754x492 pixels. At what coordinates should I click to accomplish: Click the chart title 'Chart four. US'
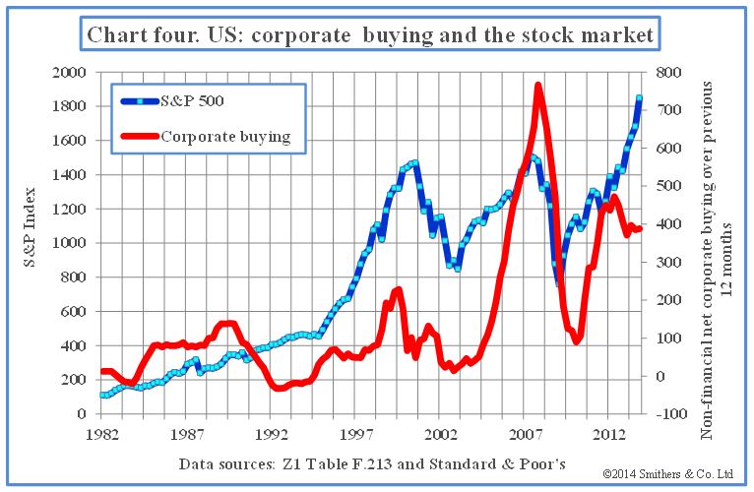click(x=370, y=35)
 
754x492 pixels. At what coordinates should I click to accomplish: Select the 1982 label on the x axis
click(x=99, y=434)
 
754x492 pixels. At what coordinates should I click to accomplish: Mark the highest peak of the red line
click(x=538, y=86)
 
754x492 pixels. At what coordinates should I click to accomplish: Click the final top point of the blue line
click(x=639, y=97)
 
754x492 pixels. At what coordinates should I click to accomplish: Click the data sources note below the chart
click(x=374, y=462)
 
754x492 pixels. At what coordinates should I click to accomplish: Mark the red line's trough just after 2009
click(x=578, y=340)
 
